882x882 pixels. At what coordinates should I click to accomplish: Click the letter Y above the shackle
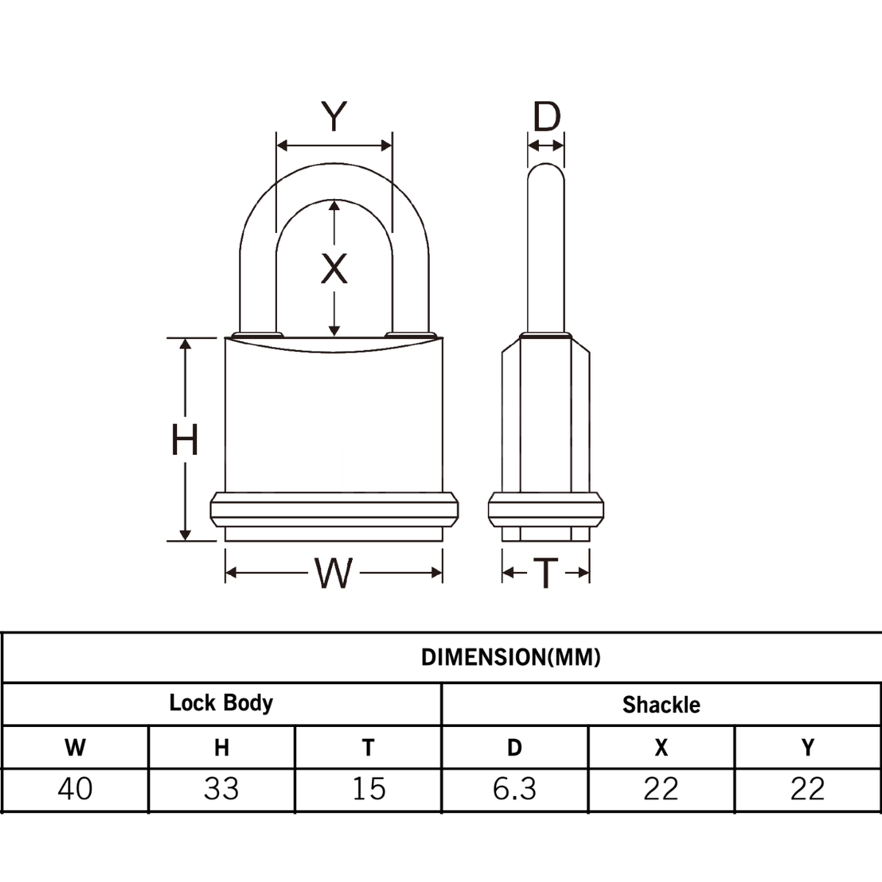[x=334, y=116]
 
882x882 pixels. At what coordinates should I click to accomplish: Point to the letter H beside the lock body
[x=184, y=441]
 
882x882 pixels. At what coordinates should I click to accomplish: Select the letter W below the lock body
[x=334, y=573]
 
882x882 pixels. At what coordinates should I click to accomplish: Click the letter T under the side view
[x=545, y=573]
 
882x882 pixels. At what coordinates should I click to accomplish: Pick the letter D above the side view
[x=546, y=116]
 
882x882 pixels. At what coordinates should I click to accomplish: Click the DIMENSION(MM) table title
[x=511, y=657]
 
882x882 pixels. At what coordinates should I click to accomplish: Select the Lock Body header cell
[x=220, y=703]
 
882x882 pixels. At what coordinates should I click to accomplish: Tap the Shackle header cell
[x=661, y=705]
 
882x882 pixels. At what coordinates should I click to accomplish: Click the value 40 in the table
[x=75, y=789]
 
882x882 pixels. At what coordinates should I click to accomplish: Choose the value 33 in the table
[x=221, y=789]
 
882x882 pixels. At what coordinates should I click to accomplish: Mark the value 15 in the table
[x=368, y=789]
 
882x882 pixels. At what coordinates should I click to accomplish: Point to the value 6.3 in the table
[x=514, y=789]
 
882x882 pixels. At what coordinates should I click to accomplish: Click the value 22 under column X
[x=661, y=789]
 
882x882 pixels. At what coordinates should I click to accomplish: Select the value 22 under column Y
[x=808, y=789]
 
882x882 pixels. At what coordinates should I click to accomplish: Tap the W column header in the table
[x=75, y=747]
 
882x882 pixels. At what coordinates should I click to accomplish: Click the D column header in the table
[x=514, y=747]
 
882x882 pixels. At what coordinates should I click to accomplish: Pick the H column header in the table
[x=221, y=747]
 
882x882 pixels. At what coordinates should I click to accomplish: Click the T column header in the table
[x=368, y=747]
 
